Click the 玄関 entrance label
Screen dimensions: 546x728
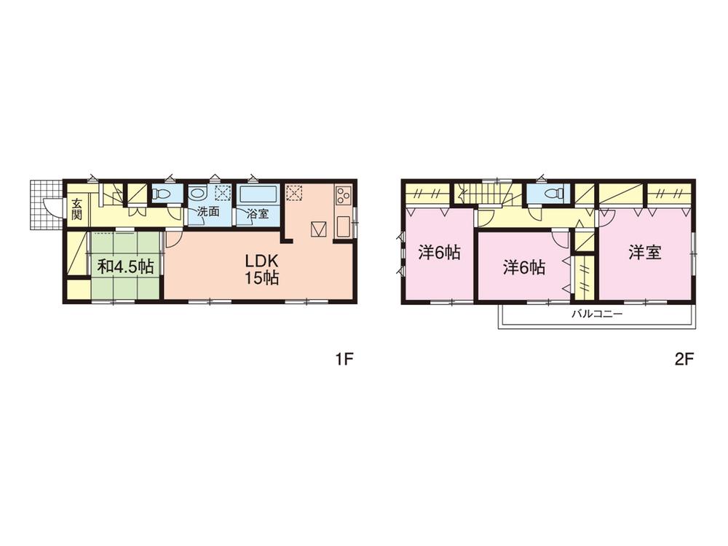[76, 210]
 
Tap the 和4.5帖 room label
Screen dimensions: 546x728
[125, 266]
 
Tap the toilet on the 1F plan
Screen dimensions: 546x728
[162, 194]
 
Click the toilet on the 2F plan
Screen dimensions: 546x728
[553, 194]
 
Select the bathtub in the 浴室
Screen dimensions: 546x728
[257, 195]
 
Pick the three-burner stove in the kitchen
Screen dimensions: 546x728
[344, 195]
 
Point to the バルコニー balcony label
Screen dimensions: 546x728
[596, 315]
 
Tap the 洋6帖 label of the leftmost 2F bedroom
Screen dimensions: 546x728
[439, 253]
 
